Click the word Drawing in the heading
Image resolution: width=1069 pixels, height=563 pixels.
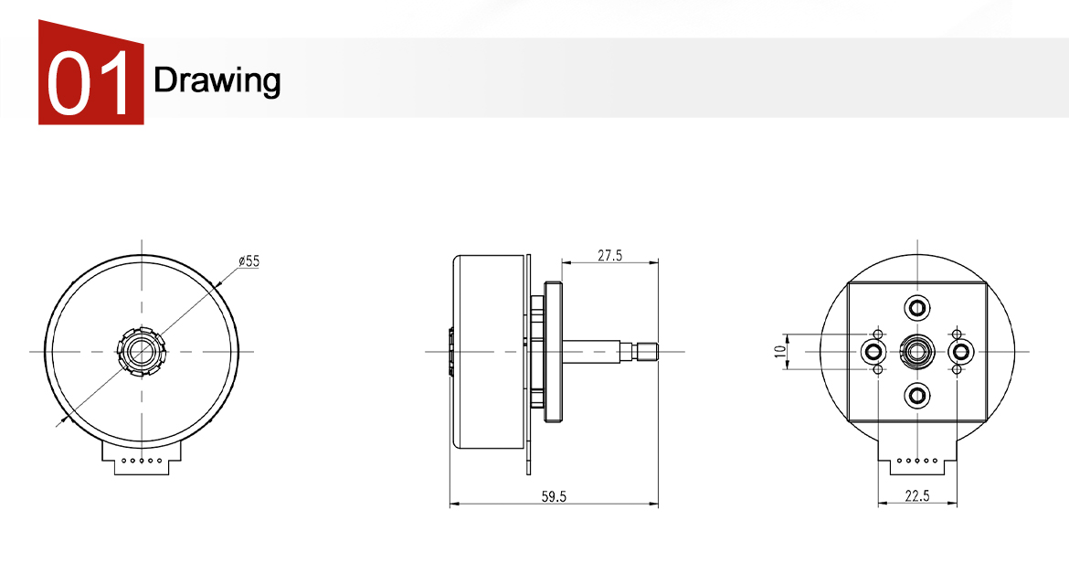[x=217, y=80]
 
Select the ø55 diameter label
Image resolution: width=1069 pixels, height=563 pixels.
[x=249, y=261]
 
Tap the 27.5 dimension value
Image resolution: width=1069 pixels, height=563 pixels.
[x=610, y=256]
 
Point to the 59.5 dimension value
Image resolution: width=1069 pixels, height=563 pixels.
[x=555, y=497]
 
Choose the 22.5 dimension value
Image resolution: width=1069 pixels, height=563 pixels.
[x=917, y=496]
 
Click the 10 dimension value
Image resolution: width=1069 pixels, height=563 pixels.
[x=780, y=352]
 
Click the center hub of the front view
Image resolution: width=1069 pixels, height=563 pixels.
[x=142, y=352]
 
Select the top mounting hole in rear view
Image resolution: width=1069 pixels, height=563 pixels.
[x=917, y=307]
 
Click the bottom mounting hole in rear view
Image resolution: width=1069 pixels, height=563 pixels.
[x=917, y=396]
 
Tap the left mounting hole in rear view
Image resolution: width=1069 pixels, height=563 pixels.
[x=873, y=352]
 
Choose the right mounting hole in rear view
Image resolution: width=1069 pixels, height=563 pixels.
[x=961, y=352]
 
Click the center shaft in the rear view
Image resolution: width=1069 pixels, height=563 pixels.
[x=917, y=352]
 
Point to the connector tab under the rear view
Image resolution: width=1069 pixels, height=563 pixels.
[x=917, y=457]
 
